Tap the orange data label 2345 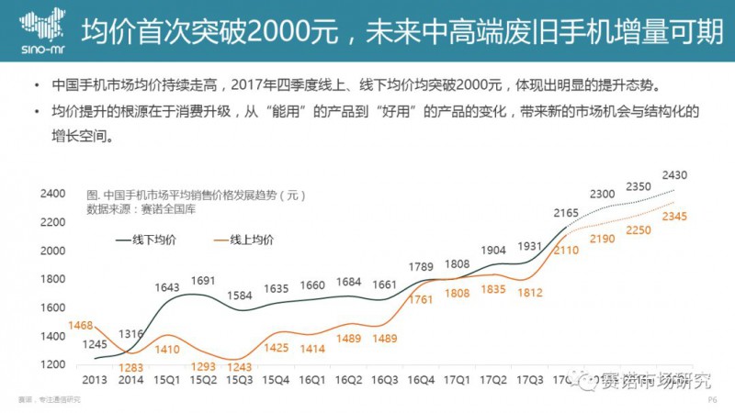pyautogui.click(x=674, y=218)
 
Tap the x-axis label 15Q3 pyautogui.click(x=239, y=379)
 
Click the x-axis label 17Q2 pyautogui.click(x=493, y=379)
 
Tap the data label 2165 pyautogui.click(x=567, y=214)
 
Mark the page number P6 pyautogui.click(x=711, y=401)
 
